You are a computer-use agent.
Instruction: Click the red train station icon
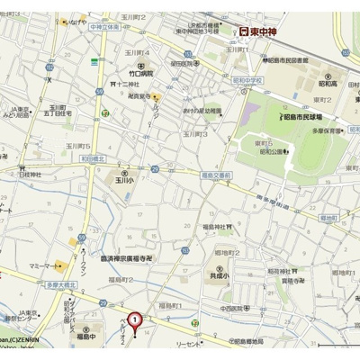coord(243,31)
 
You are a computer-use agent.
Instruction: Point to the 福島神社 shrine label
coord(218,226)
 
